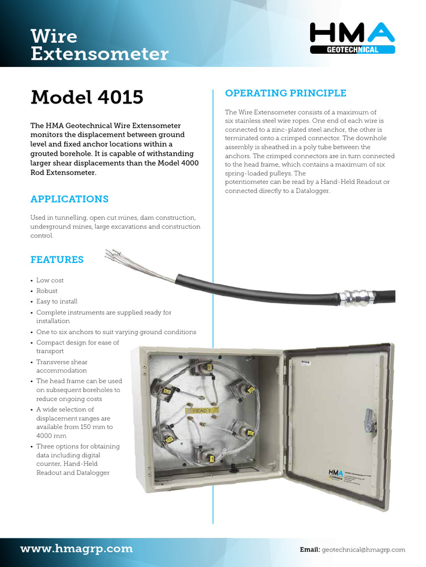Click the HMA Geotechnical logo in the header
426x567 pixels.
point(352,38)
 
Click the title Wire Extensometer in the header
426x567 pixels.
point(99,45)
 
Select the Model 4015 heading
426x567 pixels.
point(87,97)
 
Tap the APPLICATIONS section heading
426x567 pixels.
point(69,199)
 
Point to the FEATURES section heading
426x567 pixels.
point(57,260)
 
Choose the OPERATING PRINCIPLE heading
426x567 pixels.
point(285,93)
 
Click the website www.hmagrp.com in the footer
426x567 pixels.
point(77,549)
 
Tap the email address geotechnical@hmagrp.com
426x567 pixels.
point(363,550)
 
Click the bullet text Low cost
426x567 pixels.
point(50,280)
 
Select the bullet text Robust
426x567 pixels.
point(47,291)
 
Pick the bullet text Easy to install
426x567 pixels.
point(57,302)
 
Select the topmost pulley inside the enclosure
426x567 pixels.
point(202,366)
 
